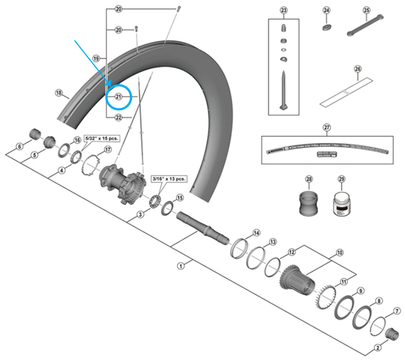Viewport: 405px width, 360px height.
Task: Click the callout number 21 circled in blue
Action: [x=118, y=96]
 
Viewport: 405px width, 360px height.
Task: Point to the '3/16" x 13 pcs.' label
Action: [x=169, y=179]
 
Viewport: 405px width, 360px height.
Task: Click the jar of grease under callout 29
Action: [x=340, y=202]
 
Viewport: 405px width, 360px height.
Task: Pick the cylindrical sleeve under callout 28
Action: [x=309, y=202]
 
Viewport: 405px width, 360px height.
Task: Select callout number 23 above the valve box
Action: [x=283, y=11]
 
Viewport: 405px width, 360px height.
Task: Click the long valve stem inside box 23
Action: [x=283, y=89]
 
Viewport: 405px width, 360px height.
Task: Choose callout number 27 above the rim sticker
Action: [x=327, y=127]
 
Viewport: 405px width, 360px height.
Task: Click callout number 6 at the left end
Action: [x=19, y=146]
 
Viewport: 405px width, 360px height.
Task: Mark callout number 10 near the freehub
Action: [x=339, y=253]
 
